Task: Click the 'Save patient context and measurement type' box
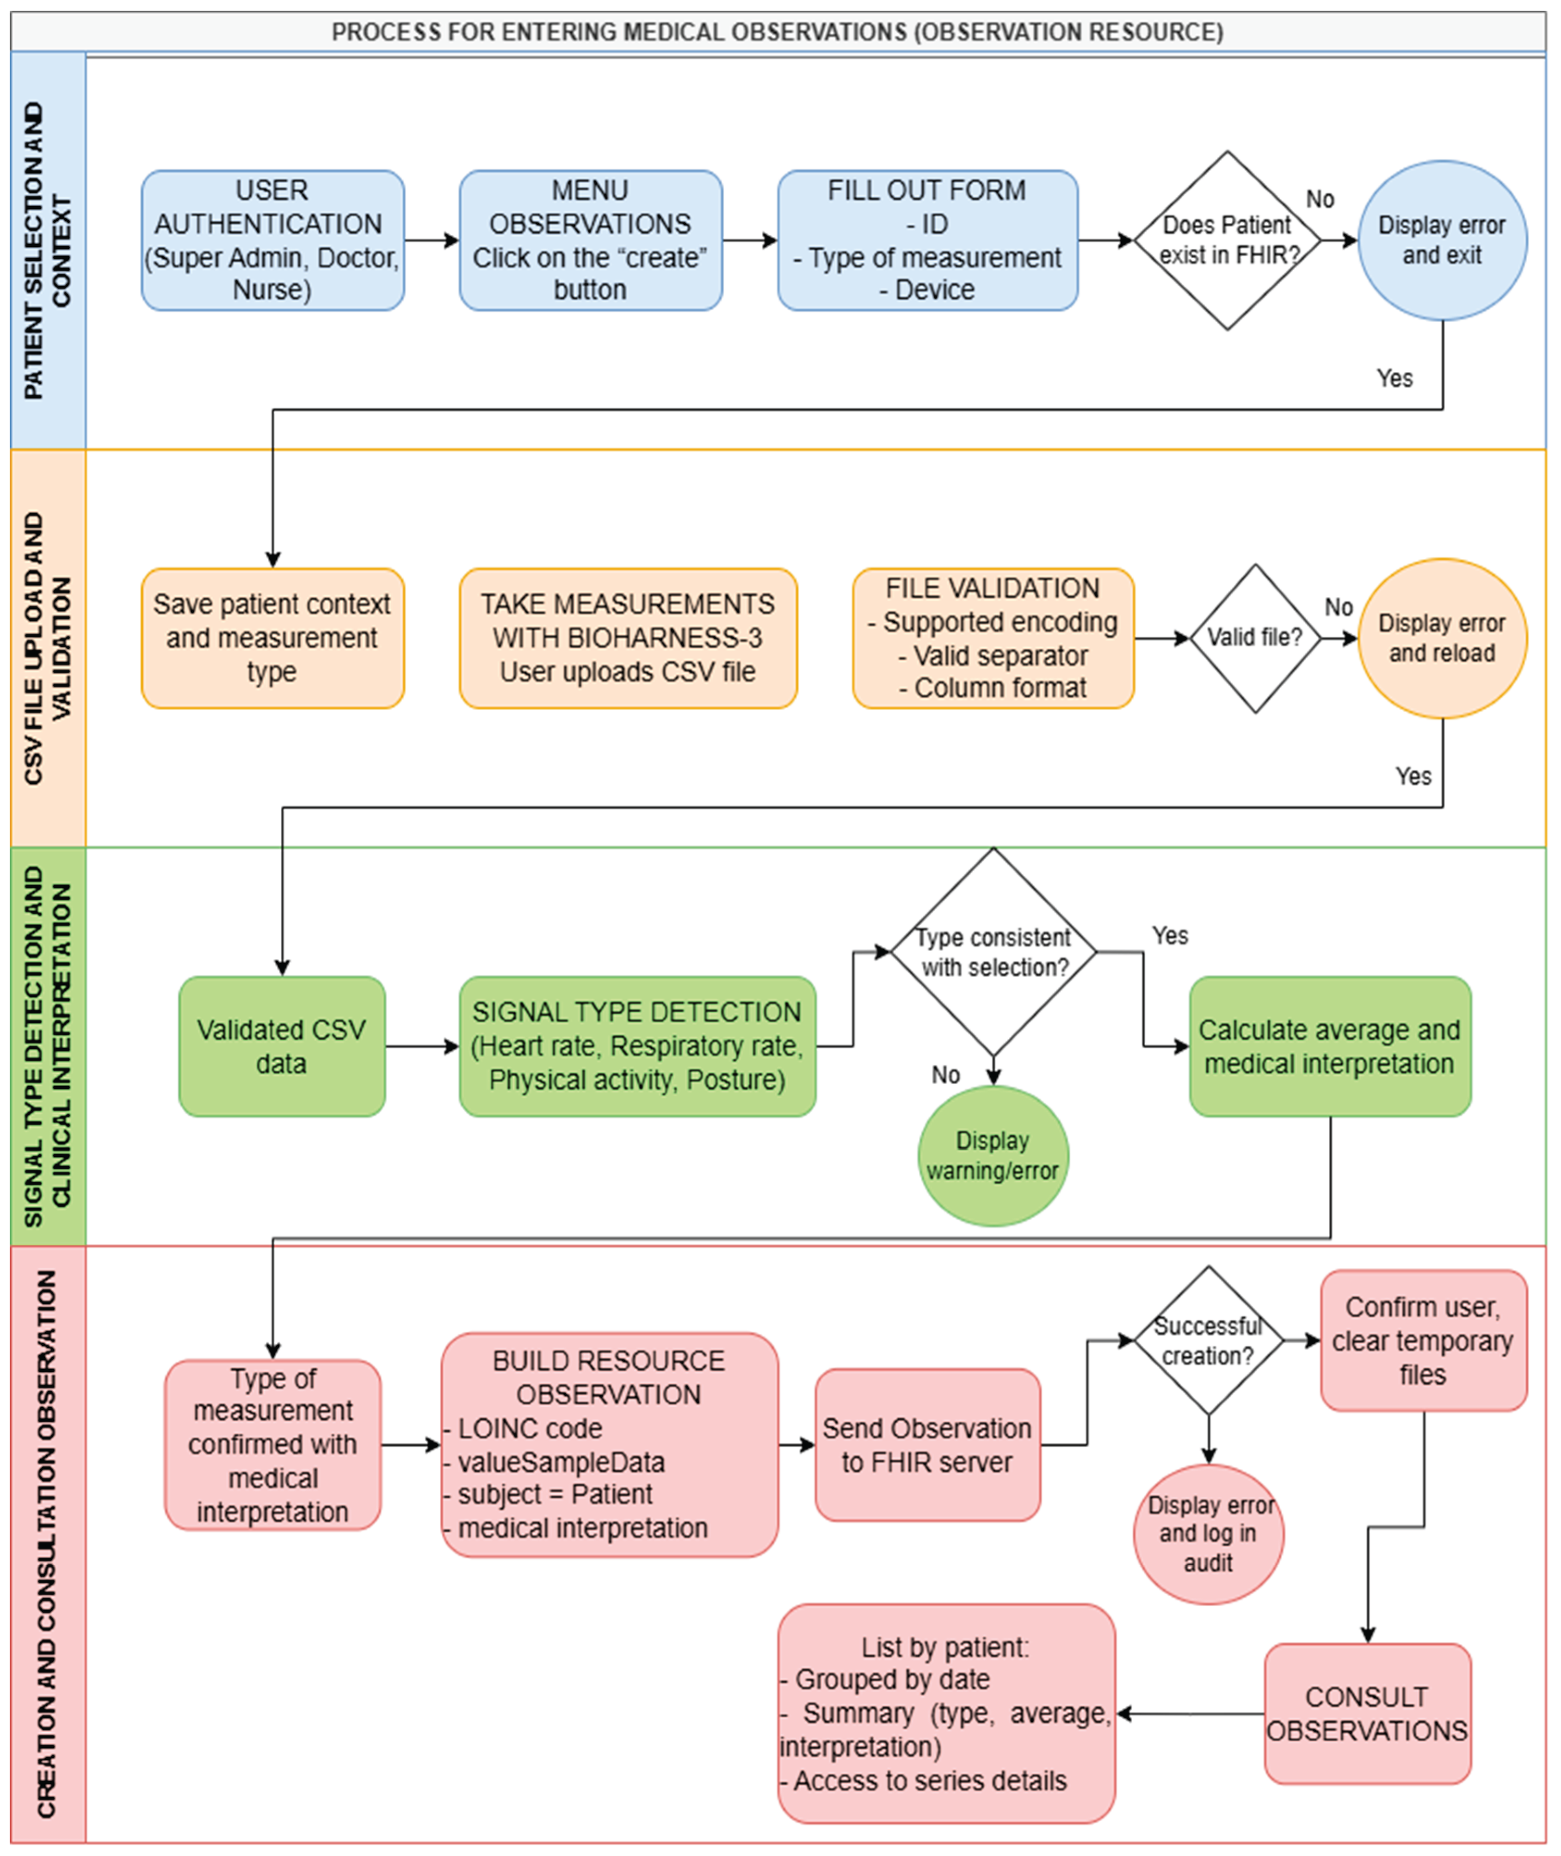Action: click(x=272, y=638)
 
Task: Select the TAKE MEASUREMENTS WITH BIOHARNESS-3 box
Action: click(x=628, y=638)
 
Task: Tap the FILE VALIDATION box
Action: click(x=993, y=638)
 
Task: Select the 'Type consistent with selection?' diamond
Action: click(x=993, y=952)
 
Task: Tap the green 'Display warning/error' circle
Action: click(x=993, y=1155)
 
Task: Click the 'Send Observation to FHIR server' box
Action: click(x=927, y=1444)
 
